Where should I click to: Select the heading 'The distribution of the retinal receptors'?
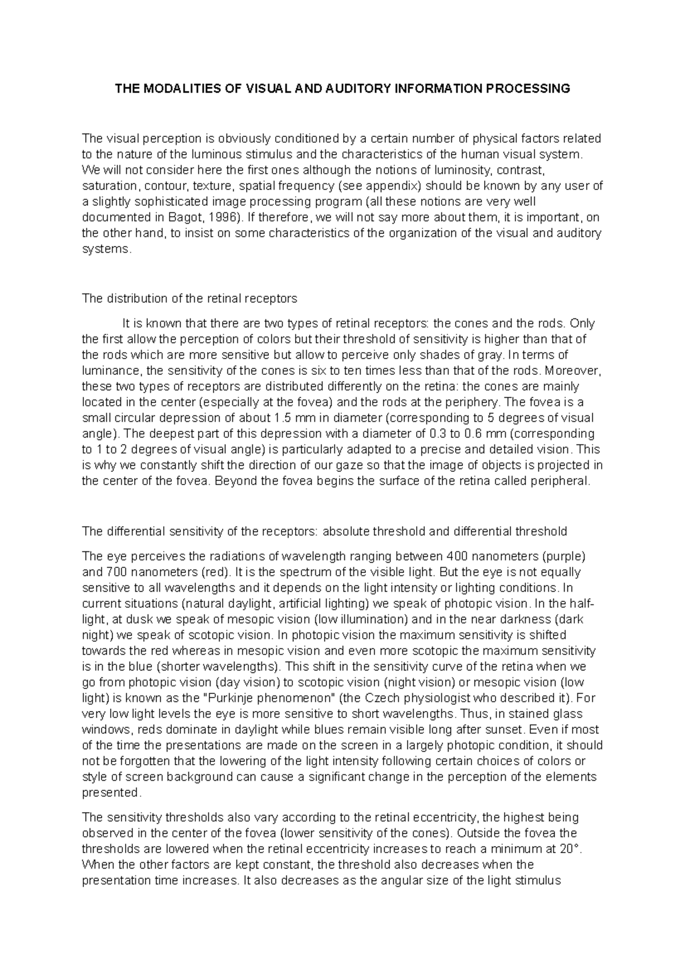pos(190,298)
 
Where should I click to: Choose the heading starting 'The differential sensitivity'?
pos(324,532)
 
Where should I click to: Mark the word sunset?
pos(505,729)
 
